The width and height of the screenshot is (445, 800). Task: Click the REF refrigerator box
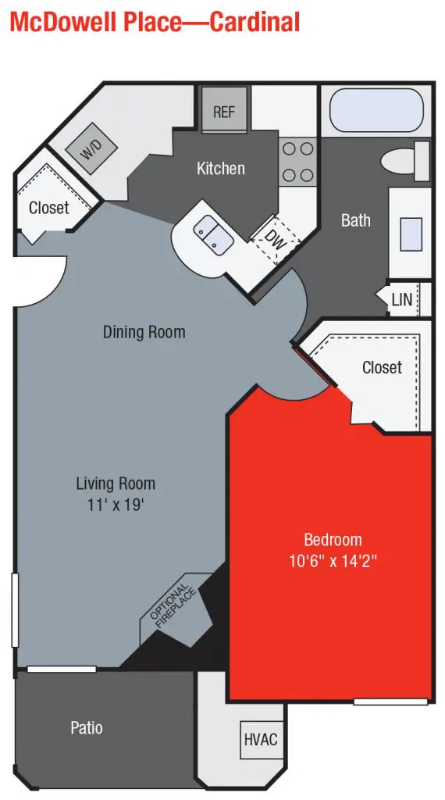click(223, 112)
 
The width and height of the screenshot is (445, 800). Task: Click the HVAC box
click(261, 739)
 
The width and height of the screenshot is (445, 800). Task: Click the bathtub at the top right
click(376, 112)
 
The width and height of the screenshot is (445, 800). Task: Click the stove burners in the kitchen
click(297, 162)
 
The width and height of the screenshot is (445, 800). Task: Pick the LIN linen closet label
click(401, 300)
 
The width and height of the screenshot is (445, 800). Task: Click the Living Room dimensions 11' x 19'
click(116, 505)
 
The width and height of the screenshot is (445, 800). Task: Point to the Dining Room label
click(144, 332)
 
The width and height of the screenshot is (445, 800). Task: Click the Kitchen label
click(220, 168)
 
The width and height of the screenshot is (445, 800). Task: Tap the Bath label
click(355, 220)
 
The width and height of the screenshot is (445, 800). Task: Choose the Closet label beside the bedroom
click(382, 367)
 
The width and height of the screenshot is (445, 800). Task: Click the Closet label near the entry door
click(48, 208)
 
